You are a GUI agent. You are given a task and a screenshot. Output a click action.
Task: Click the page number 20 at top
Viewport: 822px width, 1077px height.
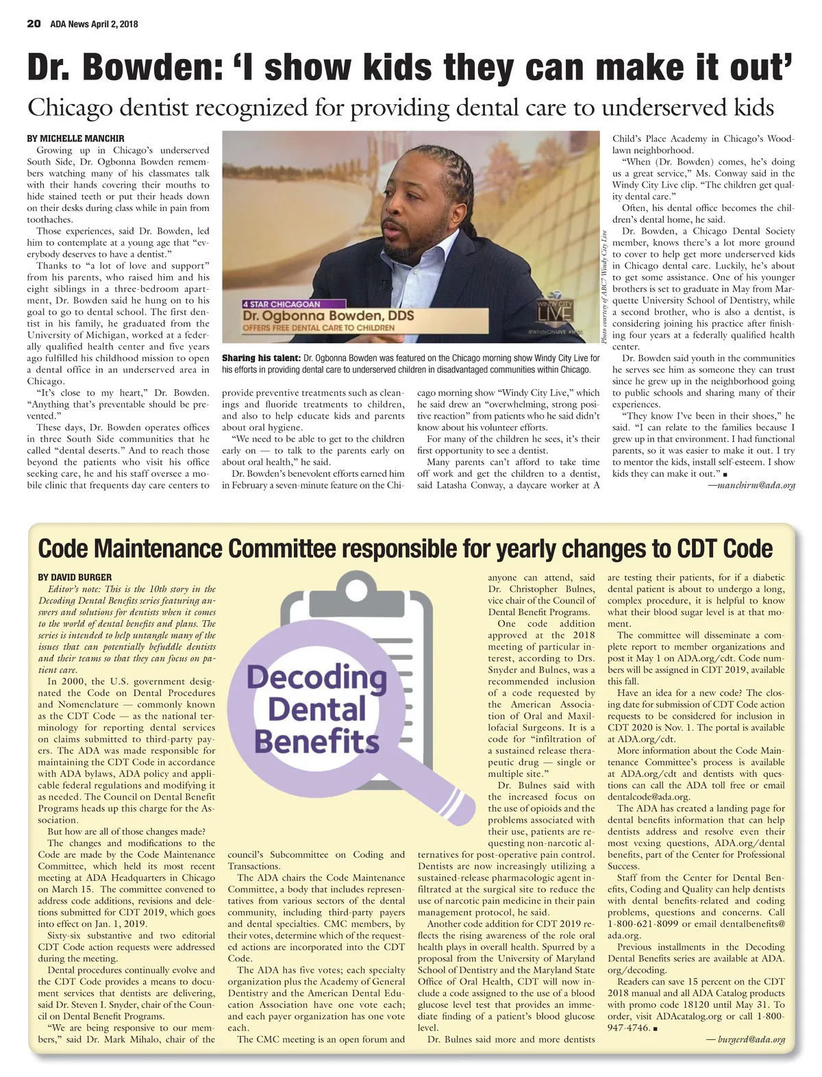pos(34,23)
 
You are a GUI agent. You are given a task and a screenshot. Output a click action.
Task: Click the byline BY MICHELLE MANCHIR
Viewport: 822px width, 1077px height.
pos(75,138)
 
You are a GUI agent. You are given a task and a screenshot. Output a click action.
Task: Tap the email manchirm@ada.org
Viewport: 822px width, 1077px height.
pos(751,485)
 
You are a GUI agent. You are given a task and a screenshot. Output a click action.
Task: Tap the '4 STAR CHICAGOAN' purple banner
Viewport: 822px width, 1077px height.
pos(282,304)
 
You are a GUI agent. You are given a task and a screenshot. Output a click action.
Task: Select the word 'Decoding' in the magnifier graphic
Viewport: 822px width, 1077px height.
pos(316,678)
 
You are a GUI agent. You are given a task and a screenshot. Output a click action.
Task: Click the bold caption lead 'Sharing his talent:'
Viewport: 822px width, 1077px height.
pos(261,358)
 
